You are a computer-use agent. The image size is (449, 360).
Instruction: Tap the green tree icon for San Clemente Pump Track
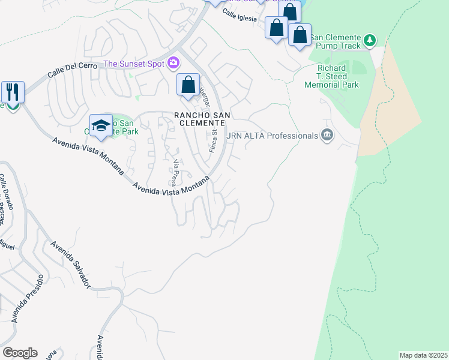point(370,41)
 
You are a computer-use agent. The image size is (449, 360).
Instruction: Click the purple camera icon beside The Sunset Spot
point(173,62)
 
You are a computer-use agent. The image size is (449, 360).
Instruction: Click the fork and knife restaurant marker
point(13,92)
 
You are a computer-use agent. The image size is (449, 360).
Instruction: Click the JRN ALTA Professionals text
point(272,136)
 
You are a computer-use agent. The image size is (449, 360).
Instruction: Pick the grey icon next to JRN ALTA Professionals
point(327,134)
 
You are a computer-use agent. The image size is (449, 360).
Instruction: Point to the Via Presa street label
point(176,172)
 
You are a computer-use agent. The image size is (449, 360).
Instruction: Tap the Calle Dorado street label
point(3,188)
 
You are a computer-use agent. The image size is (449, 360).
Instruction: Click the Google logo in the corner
point(20,352)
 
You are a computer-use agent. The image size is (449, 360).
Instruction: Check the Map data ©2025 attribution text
point(423,355)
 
